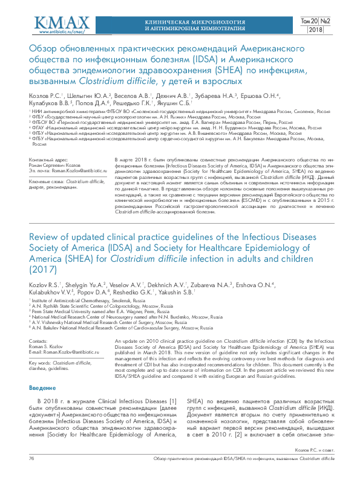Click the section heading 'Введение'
42,370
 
